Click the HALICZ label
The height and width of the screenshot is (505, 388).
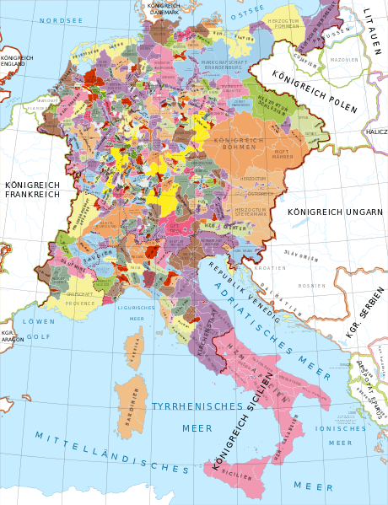(375, 132)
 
